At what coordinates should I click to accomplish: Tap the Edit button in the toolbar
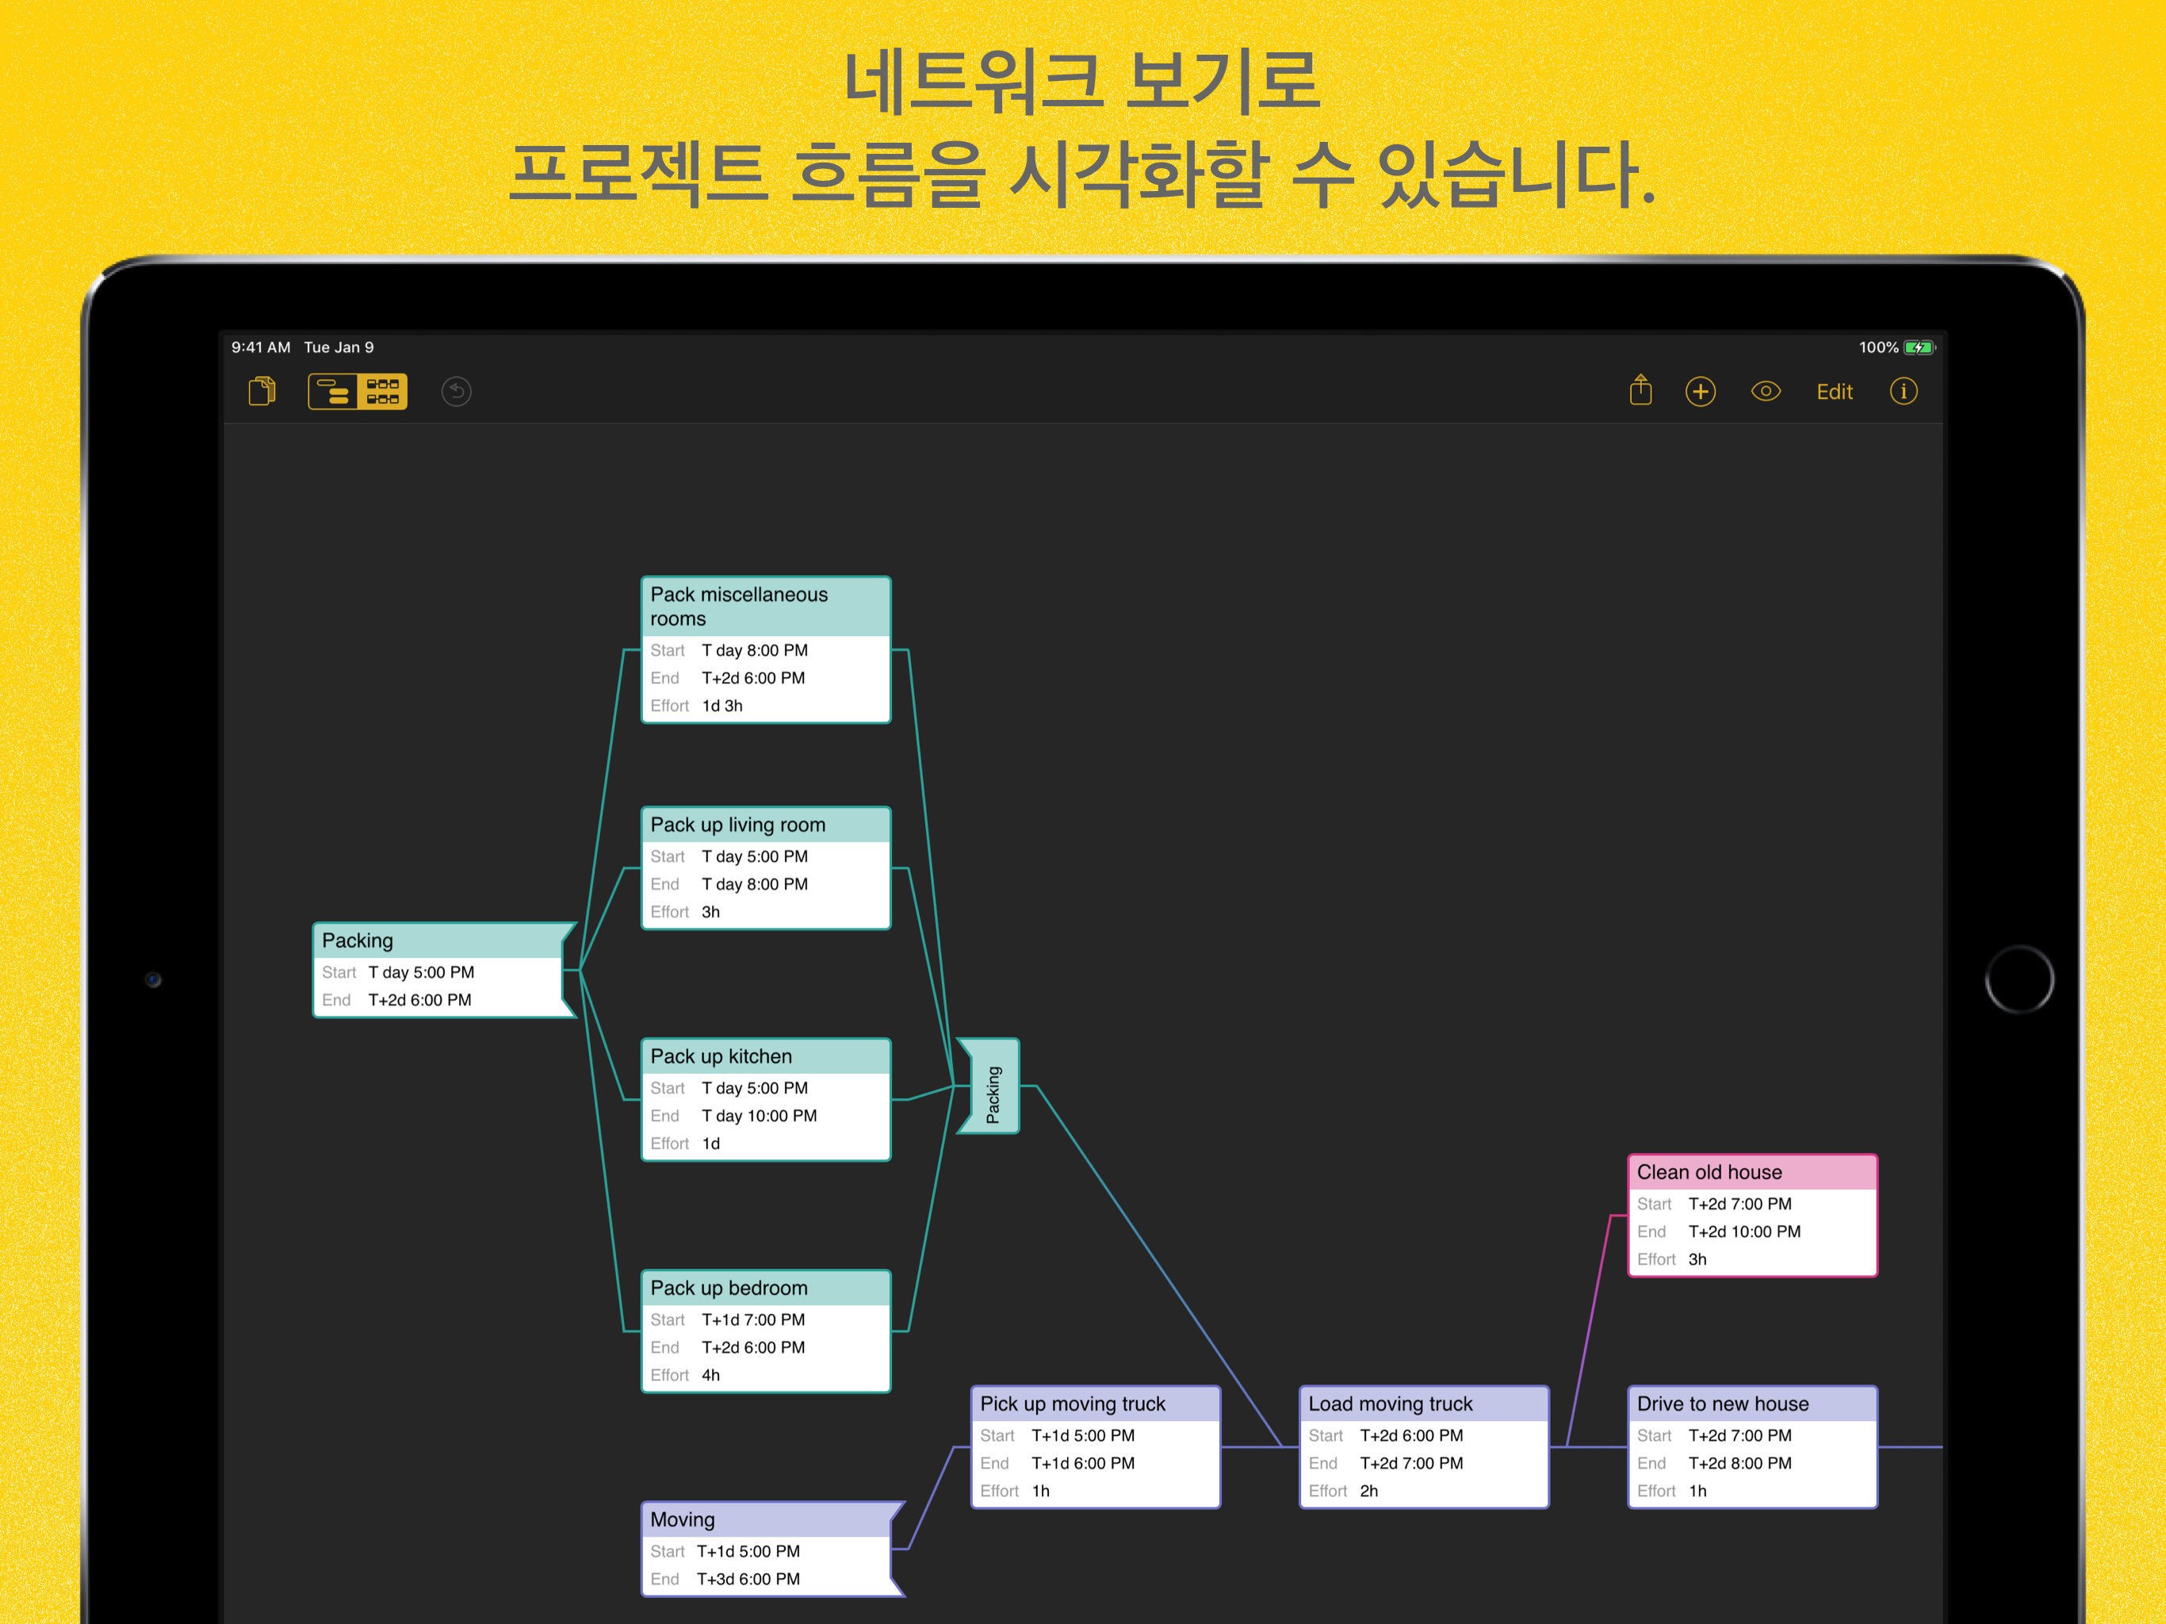pos(1834,392)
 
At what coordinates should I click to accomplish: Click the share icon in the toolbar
pos(1640,391)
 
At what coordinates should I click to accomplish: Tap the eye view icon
pos(1766,392)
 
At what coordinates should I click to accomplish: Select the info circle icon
pos(1903,392)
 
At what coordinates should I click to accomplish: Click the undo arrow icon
pos(457,392)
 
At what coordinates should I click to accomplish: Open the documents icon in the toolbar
pos(262,392)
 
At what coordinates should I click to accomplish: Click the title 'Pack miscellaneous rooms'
pos(739,607)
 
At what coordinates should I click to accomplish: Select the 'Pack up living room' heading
pos(737,825)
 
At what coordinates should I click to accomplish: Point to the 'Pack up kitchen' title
pos(721,1056)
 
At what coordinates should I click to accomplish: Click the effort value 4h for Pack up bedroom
pos(711,1375)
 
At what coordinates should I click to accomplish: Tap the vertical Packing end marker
pos(992,1094)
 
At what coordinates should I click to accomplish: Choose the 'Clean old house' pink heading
pos(1709,1173)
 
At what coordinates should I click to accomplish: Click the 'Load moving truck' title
pos(1390,1404)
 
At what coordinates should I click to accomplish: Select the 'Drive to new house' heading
pos(1723,1404)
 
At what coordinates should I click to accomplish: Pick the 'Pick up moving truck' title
pos(1072,1404)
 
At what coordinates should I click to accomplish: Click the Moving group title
pos(683,1519)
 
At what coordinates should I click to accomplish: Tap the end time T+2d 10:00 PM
pos(1744,1231)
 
